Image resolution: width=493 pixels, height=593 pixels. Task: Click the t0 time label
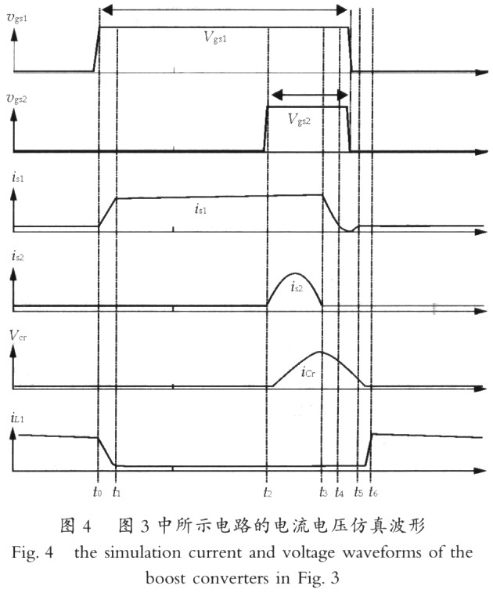coord(98,492)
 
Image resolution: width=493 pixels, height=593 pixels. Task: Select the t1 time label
coord(117,492)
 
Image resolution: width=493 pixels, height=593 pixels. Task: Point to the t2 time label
coord(268,492)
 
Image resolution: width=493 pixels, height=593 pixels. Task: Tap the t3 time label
coord(323,492)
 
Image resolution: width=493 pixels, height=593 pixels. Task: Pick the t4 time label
coord(340,492)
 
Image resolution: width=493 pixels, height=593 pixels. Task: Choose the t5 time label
coord(358,492)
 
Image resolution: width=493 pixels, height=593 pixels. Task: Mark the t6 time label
coord(373,492)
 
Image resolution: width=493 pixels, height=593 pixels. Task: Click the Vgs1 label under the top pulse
coord(215,37)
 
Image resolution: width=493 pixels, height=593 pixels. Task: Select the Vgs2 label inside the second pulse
coord(299,120)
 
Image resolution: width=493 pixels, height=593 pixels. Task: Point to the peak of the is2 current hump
coord(295,273)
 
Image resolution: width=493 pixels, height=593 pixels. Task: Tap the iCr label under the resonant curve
coord(308,372)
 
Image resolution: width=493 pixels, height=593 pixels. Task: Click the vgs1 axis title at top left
coord(17,19)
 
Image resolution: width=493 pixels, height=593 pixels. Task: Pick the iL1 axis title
coord(17,418)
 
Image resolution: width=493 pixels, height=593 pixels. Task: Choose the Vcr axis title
coord(18,335)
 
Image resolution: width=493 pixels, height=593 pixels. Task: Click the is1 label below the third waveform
coord(200,208)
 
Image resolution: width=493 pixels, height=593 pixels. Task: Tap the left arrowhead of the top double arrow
coord(107,10)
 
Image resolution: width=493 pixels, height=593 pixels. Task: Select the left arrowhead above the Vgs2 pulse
coord(277,95)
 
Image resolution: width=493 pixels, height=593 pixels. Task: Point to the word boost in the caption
coord(166,578)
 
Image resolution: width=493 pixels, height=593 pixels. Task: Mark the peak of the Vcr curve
coord(320,352)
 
